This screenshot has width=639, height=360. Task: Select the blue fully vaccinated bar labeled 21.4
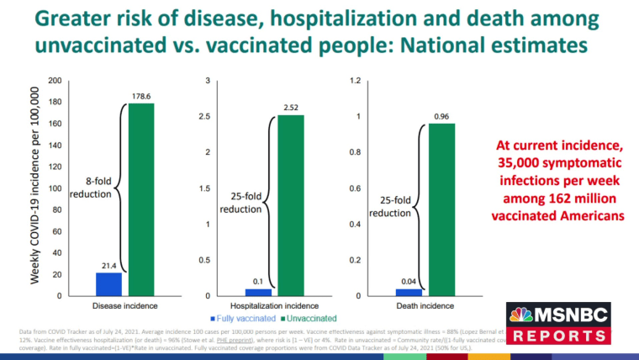point(108,284)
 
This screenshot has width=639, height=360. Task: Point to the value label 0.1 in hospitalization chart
point(259,279)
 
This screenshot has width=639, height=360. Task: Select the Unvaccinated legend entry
point(309,319)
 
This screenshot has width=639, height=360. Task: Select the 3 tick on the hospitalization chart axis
point(207,81)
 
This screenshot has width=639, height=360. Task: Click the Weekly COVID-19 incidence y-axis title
point(36,188)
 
